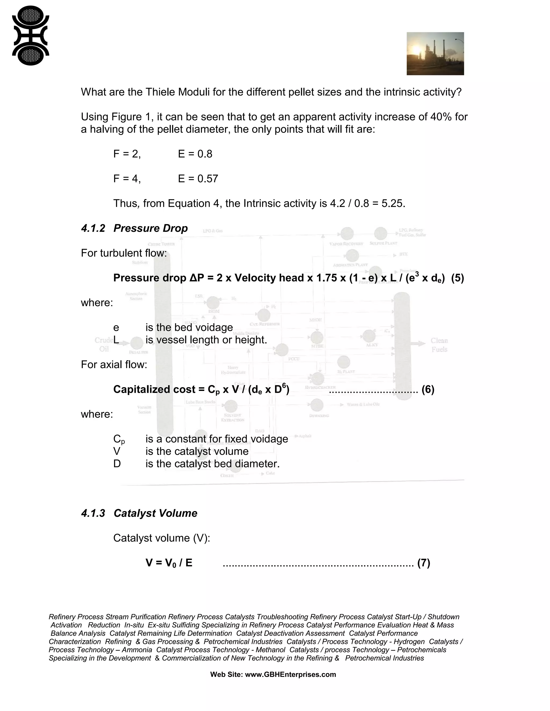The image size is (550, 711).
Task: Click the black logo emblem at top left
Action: pyautogui.click(x=30, y=35)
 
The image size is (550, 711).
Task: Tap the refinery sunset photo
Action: pyautogui.click(x=435, y=54)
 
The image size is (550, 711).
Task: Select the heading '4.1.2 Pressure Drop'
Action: pyautogui.click(x=134, y=228)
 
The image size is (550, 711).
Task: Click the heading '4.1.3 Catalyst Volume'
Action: pyautogui.click(x=139, y=513)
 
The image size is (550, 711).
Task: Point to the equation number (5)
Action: pyautogui.click(x=457, y=278)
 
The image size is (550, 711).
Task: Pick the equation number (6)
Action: pyautogui.click(x=428, y=389)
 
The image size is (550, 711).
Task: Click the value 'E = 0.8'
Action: pyautogui.click(x=195, y=154)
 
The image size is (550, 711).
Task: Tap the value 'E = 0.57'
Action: pyautogui.click(x=198, y=179)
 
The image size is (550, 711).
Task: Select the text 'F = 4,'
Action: pyautogui.click(x=127, y=179)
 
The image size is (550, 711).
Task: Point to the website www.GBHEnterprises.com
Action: pyautogui.click(x=290, y=675)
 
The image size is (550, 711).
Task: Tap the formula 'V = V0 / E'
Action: pyautogui.click(x=169, y=563)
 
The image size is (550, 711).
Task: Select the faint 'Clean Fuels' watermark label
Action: pyautogui.click(x=439, y=345)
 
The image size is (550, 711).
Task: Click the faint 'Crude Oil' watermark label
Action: pyautogui.click(x=104, y=344)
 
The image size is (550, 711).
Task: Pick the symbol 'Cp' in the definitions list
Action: pyautogui.click(x=119, y=439)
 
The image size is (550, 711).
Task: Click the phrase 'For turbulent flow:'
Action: pyautogui.click(x=124, y=253)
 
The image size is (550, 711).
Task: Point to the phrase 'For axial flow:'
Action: pyautogui.click(x=114, y=365)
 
